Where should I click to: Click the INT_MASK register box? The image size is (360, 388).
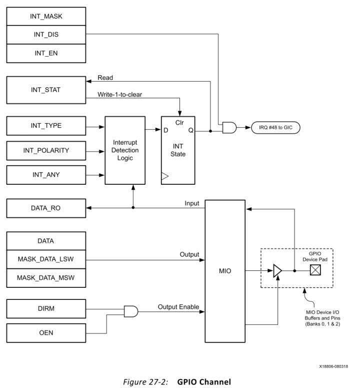pyautogui.click(x=45, y=17)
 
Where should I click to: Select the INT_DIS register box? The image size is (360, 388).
pyautogui.click(x=45, y=35)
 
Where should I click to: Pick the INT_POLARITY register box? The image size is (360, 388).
pyautogui.click(x=45, y=150)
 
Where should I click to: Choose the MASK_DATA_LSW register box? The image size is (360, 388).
pyautogui.click(x=45, y=259)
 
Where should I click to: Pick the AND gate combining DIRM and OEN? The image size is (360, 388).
pyautogui.click(x=131, y=311)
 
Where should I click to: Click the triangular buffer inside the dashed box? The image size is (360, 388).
pyautogui.click(x=276, y=271)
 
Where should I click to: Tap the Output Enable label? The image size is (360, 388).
pyautogui.click(x=178, y=306)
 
